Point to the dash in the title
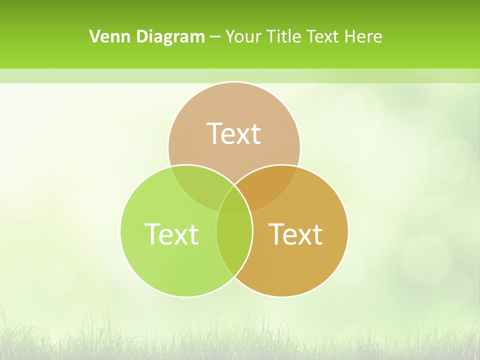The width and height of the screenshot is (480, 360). [215, 37]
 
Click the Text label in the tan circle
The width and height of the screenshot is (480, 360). [233, 133]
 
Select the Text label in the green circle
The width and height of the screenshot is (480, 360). [171, 233]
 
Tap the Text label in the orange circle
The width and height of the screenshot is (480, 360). [295, 233]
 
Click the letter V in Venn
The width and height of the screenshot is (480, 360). [94, 36]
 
